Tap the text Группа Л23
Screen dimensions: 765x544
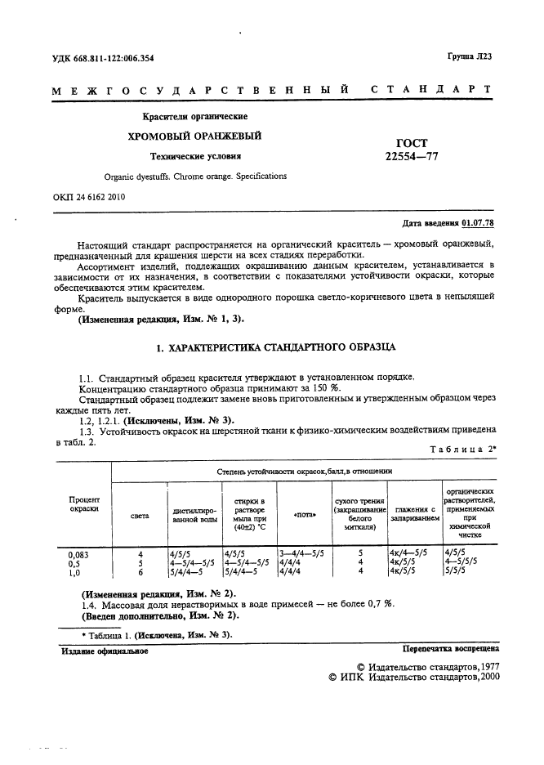coord(475,56)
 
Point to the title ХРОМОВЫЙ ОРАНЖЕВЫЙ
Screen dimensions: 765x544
coord(194,135)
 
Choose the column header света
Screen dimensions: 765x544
coord(140,517)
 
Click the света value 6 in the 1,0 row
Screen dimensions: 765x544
coord(140,573)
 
